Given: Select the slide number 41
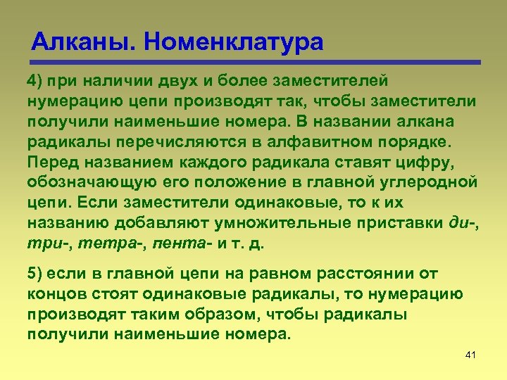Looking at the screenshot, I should pyautogui.click(x=471, y=354).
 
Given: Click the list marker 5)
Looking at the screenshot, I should pyautogui.click(x=37, y=272).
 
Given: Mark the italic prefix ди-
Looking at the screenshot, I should pyautogui.click(x=462, y=222).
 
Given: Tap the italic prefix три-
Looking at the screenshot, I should pyautogui.click(x=46, y=243).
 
